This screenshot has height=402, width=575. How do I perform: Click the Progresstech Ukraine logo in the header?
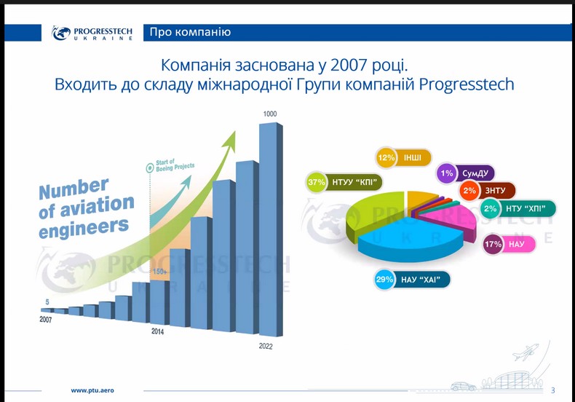coord(92,33)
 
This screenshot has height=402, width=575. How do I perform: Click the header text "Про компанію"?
coord(190,32)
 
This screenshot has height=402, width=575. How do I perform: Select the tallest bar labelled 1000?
coord(271,229)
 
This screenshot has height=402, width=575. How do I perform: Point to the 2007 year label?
coord(46,320)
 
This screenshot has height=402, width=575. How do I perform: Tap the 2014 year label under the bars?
coord(158,331)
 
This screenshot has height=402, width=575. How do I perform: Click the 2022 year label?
coord(266,346)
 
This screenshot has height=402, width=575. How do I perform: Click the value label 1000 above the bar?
coord(270,114)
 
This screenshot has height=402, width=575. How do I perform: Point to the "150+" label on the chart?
coord(160,272)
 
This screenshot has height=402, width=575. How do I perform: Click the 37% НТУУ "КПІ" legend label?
coord(344,182)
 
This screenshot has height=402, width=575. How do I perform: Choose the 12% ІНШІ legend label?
coord(403,158)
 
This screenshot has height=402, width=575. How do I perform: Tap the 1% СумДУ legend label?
coord(466,173)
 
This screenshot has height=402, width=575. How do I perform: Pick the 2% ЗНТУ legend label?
coord(488,191)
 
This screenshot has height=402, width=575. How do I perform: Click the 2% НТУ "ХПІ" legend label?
coord(518,209)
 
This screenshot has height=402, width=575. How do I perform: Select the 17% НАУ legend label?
coord(509,244)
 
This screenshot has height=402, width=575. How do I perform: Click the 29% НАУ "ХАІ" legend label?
coord(412,280)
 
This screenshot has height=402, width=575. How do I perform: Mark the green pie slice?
coord(372,216)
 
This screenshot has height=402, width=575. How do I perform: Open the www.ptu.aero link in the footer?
coord(92,390)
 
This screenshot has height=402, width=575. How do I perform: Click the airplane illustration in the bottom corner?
coord(525,352)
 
